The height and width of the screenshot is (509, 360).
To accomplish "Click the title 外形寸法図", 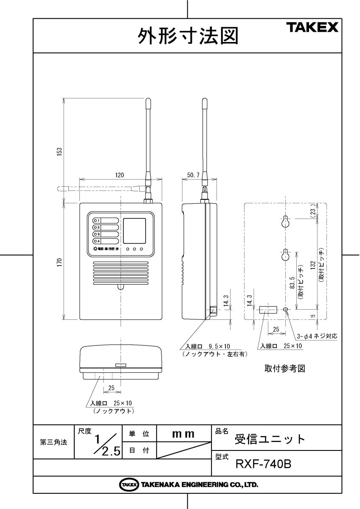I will (187, 36).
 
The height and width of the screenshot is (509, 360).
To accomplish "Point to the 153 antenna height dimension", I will (59, 151).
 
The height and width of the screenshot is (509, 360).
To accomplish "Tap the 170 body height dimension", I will (59, 262).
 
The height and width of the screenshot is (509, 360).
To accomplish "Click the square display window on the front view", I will (135, 229).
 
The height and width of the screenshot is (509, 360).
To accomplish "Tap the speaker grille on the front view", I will (121, 274).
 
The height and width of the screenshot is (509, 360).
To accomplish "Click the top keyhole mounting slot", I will (286, 221).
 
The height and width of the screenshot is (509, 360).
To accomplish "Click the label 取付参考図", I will (284, 369).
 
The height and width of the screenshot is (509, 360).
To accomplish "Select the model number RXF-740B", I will (263, 464).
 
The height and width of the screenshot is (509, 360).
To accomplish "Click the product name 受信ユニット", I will (270, 439).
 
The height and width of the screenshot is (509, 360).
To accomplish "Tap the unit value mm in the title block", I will (183, 434).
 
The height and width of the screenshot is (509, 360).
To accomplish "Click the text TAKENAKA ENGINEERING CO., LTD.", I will (199, 484).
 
